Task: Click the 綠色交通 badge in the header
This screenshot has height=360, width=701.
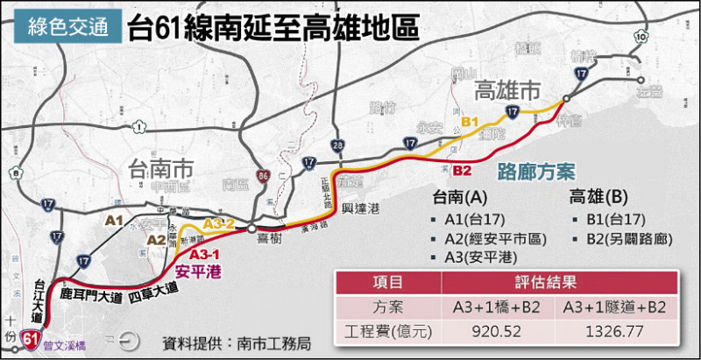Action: (64, 27)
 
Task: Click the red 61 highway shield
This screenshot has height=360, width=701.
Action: (32, 336)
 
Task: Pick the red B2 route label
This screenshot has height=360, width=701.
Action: (462, 169)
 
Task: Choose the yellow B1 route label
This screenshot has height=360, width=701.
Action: (471, 121)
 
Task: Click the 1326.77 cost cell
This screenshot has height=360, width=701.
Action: (617, 333)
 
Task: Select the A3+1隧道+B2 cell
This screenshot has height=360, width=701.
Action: (617, 308)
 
